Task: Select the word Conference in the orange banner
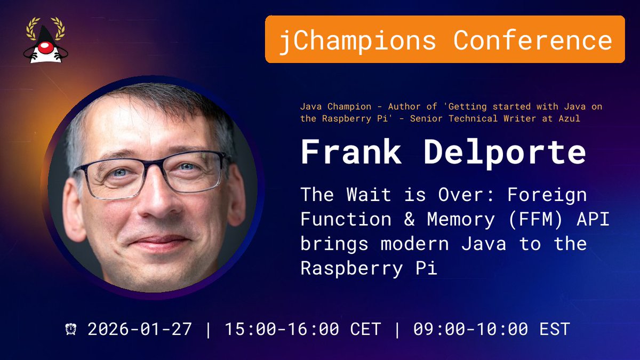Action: click(533, 40)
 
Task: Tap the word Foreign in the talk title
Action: click(547, 195)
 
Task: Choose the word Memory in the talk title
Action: click(457, 219)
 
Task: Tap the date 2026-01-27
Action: click(140, 329)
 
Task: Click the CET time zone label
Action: click(365, 329)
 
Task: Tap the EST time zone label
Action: click(555, 329)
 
